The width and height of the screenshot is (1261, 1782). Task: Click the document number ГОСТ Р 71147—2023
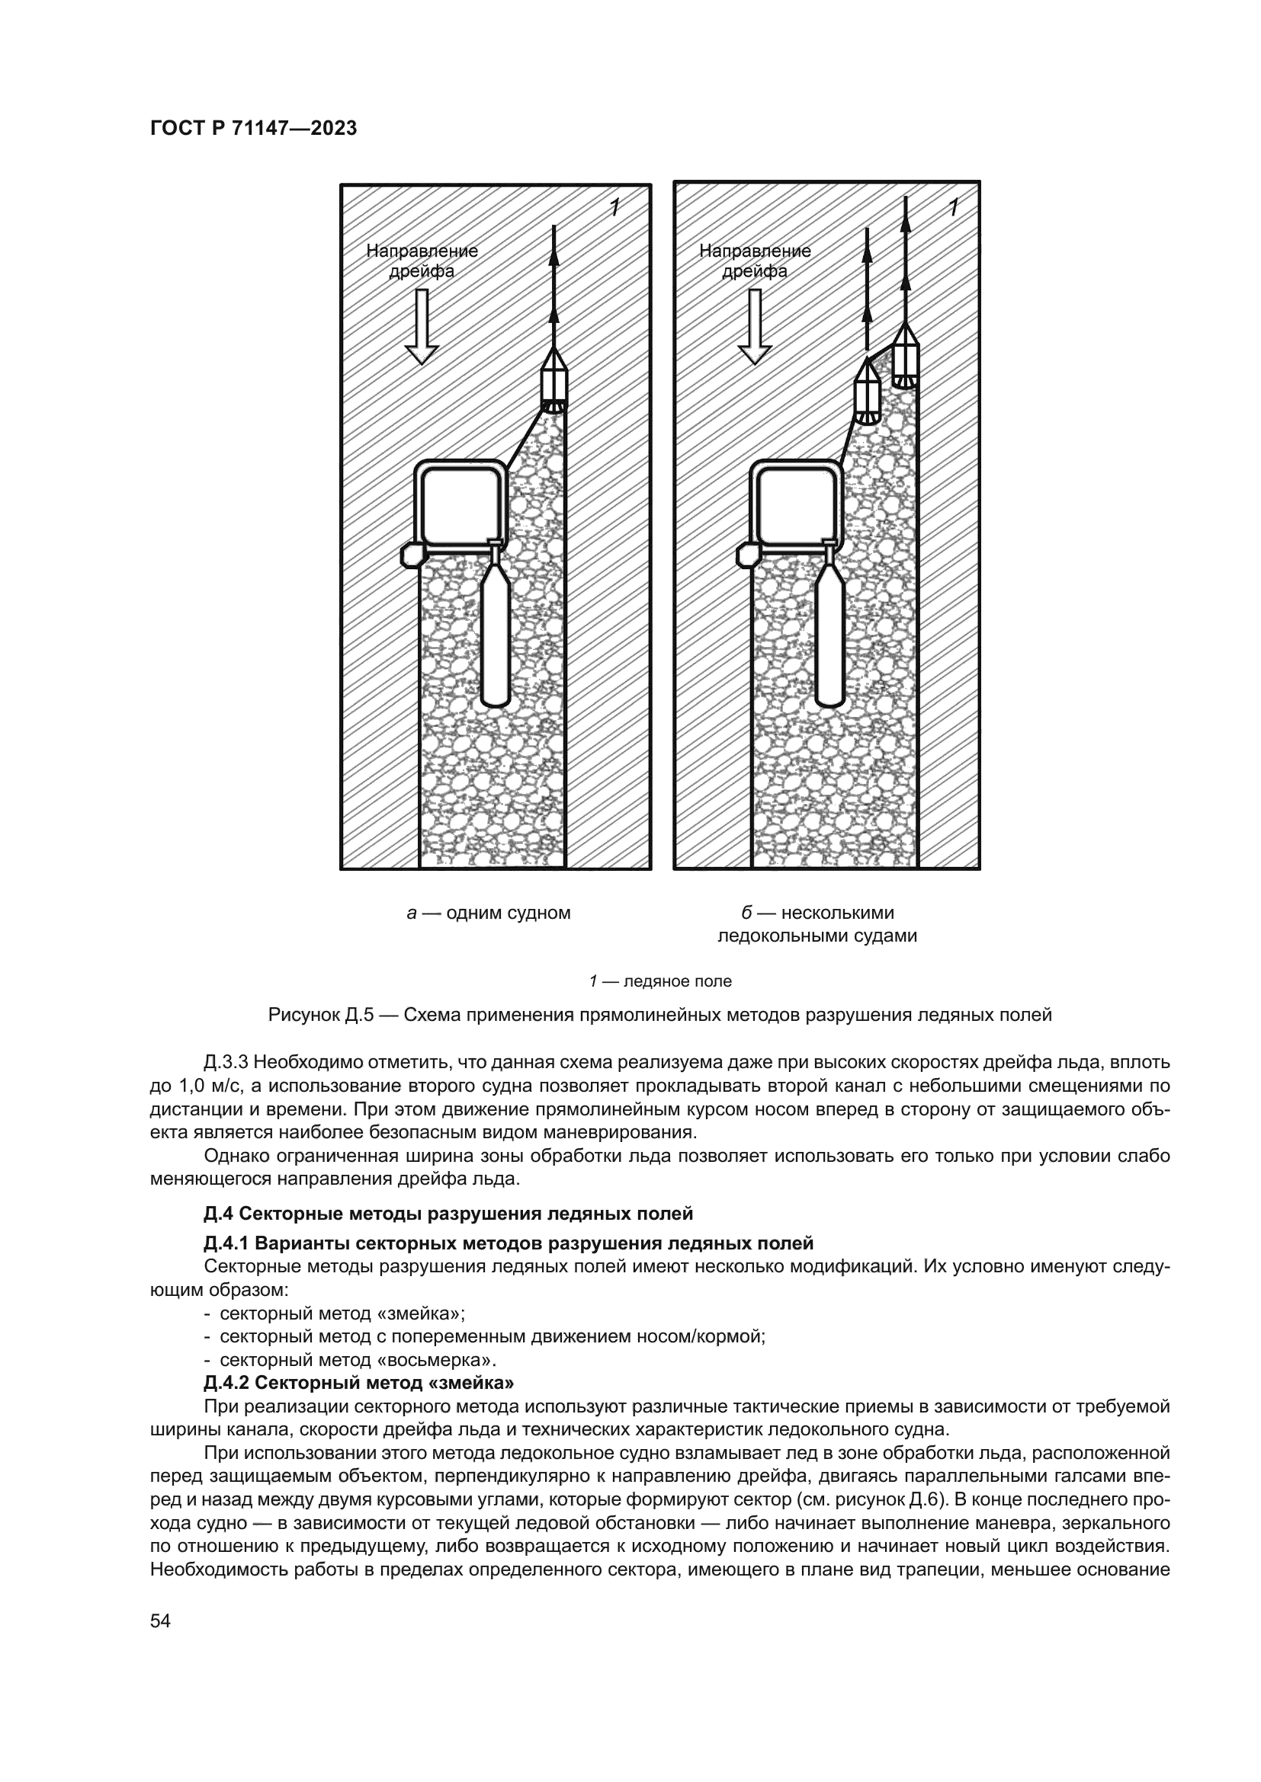253,129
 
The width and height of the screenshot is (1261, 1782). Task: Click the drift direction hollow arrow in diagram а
422,327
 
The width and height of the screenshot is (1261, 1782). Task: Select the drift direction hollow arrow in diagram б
755,327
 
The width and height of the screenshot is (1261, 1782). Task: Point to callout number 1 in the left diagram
614,207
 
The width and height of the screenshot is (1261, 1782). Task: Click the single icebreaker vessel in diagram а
553,381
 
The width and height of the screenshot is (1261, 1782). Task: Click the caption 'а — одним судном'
489,913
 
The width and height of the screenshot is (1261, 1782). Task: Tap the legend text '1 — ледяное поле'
660,982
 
